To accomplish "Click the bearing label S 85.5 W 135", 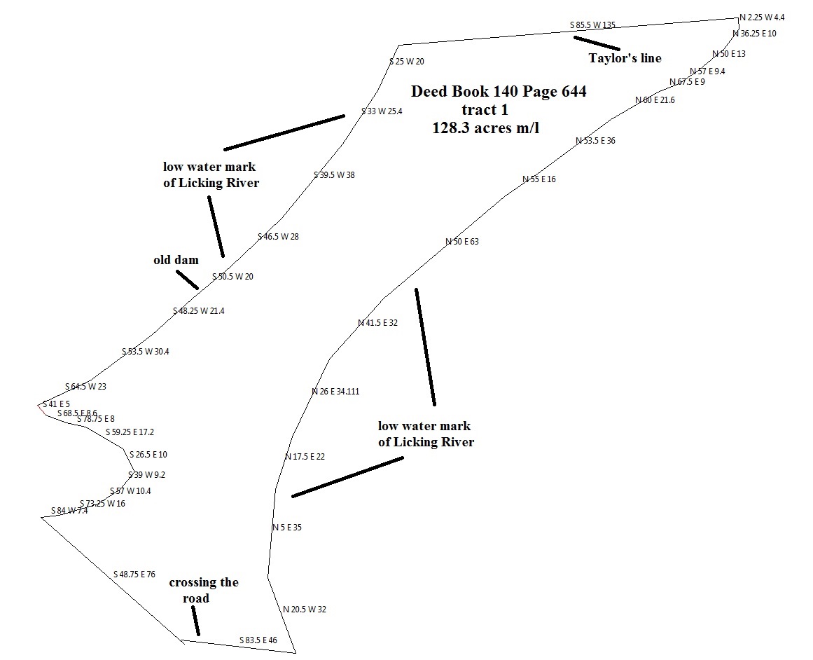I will (592, 25).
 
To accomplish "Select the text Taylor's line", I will (625, 58).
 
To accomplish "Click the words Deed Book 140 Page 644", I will (499, 91).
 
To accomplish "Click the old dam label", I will (176, 260).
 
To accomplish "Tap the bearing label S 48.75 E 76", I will (134, 575).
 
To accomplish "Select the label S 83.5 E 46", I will (258, 640).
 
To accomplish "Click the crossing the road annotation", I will (203, 590).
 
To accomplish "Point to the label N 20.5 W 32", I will (305, 610).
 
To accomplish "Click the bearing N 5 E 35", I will (286, 528).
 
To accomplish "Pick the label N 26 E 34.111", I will (335, 392).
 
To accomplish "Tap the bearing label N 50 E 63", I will (462, 242).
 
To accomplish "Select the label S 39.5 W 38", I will (334, 175).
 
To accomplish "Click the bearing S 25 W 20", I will (407, 62).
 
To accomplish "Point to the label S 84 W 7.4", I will (69, 511).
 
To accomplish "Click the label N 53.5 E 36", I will (595, 141).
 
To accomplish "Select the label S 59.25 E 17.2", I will (130, 432).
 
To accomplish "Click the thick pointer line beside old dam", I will (187, 280).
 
